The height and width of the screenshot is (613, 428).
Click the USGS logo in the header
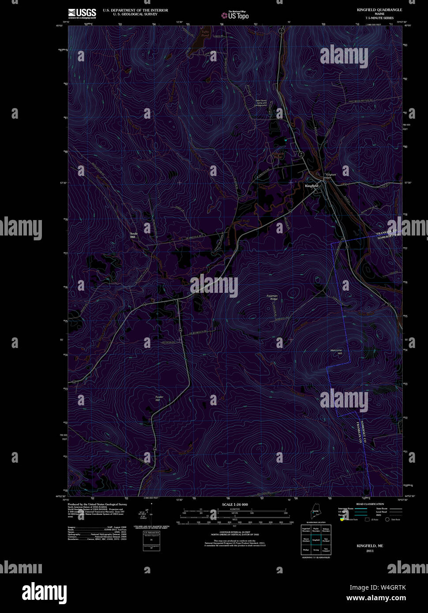point(82,13)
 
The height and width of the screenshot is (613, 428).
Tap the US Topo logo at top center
point(235,15)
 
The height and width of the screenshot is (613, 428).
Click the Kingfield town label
point(312,186)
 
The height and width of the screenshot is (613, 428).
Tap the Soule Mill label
point(133,235)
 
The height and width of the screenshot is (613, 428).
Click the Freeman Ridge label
point(272,298)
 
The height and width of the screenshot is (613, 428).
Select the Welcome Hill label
point(336,352)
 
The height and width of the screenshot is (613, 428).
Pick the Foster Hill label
point(159,398)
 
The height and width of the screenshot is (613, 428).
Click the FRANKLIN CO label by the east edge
point(387,232)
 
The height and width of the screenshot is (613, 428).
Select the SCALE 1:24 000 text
point(235,505)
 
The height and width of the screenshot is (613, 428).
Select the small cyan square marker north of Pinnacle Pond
point(286,140)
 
